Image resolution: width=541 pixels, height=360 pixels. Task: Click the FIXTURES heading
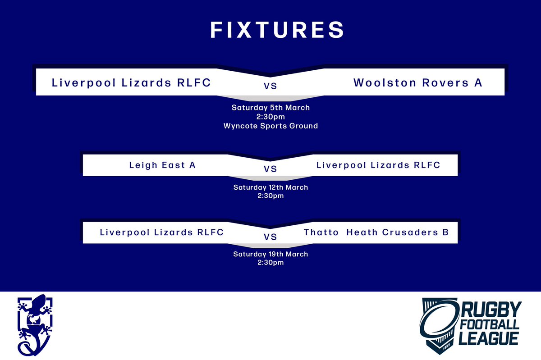(277, 30)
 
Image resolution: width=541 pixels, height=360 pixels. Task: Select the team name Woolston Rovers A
(418, 83)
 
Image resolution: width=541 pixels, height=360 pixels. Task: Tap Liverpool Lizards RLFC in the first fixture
(131, 83)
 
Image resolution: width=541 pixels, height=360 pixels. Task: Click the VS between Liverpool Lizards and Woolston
(270, 86)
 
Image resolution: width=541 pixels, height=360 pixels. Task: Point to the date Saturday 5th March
(270, 108)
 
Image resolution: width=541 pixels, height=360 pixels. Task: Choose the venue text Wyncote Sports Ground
(270, 126)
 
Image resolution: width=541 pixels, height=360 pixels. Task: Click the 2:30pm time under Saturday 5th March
(270, 117)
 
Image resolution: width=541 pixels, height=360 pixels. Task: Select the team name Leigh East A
(162, 165)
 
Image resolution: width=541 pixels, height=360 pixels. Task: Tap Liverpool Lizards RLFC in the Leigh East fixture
(378, 165)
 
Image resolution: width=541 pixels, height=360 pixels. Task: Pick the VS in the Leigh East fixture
(270, 169)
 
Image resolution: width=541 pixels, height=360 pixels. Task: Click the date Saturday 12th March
(270, 187)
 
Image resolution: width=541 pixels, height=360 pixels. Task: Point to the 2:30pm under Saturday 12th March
(270, 196)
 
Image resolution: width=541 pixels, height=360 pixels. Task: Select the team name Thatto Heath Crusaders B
(376, 232)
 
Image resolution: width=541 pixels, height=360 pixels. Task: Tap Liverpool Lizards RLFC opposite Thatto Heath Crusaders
(161, 232)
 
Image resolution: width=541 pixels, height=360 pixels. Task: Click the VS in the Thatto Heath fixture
(270, 237)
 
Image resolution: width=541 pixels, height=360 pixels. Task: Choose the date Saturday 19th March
(270, 254)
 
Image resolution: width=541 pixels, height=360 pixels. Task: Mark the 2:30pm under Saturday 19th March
(270, 262)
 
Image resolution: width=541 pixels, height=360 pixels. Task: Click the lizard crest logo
(35, 325)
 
